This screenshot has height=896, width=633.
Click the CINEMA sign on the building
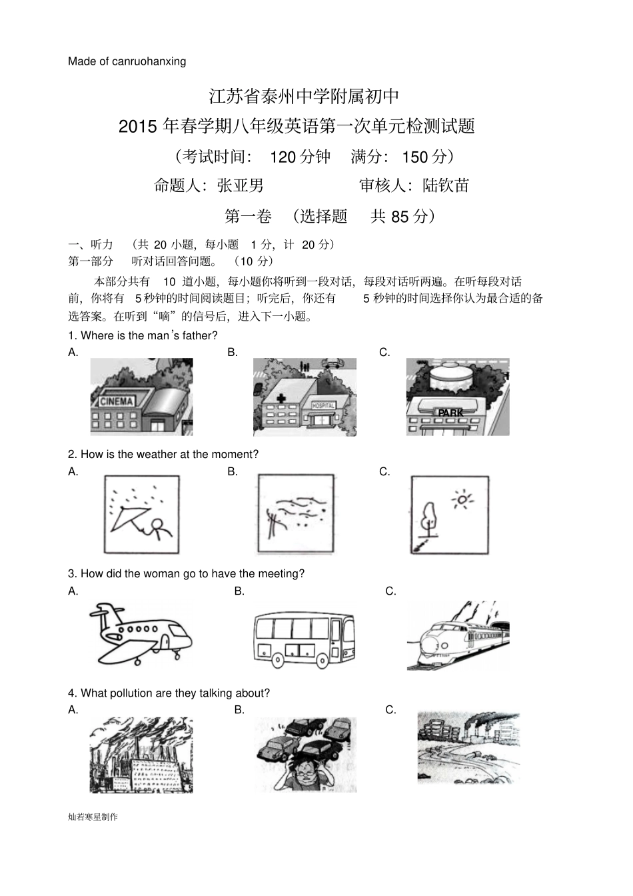pyautogui.click(x=117, y=401)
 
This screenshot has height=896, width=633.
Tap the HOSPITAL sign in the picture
pyautogui.click(x=323, y=405)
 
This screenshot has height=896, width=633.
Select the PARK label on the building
pyautogui.click(x=450, y=413)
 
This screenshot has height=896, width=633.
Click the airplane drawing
pyautogui.click(x=140, y=633)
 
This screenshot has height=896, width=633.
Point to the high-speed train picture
pyautogui.click(x=458, y=636)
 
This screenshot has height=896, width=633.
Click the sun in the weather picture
pyautogui.click(x=461, y=500)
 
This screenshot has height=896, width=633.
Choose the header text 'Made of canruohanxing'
pyautogui.click(x=127, y=61)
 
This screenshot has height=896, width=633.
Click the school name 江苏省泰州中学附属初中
pyautogui.click(x=304, y=96)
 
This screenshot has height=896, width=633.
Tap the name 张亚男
pyautogui.click(x=241, y=185)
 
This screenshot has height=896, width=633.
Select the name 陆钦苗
pyautogui.click(x=446, y=185)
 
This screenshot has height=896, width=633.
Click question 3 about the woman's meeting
pyautogui.click(x=187, y=573)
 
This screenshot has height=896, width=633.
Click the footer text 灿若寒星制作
pyautogui.click(x=93, y=817)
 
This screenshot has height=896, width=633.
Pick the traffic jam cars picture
pyautogui.click(x=305, y=754)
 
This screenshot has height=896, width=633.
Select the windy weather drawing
pyautogui.click(x=295, y=515)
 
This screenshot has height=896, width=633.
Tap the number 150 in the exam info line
pyautogui.click(x=414, y=157)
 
